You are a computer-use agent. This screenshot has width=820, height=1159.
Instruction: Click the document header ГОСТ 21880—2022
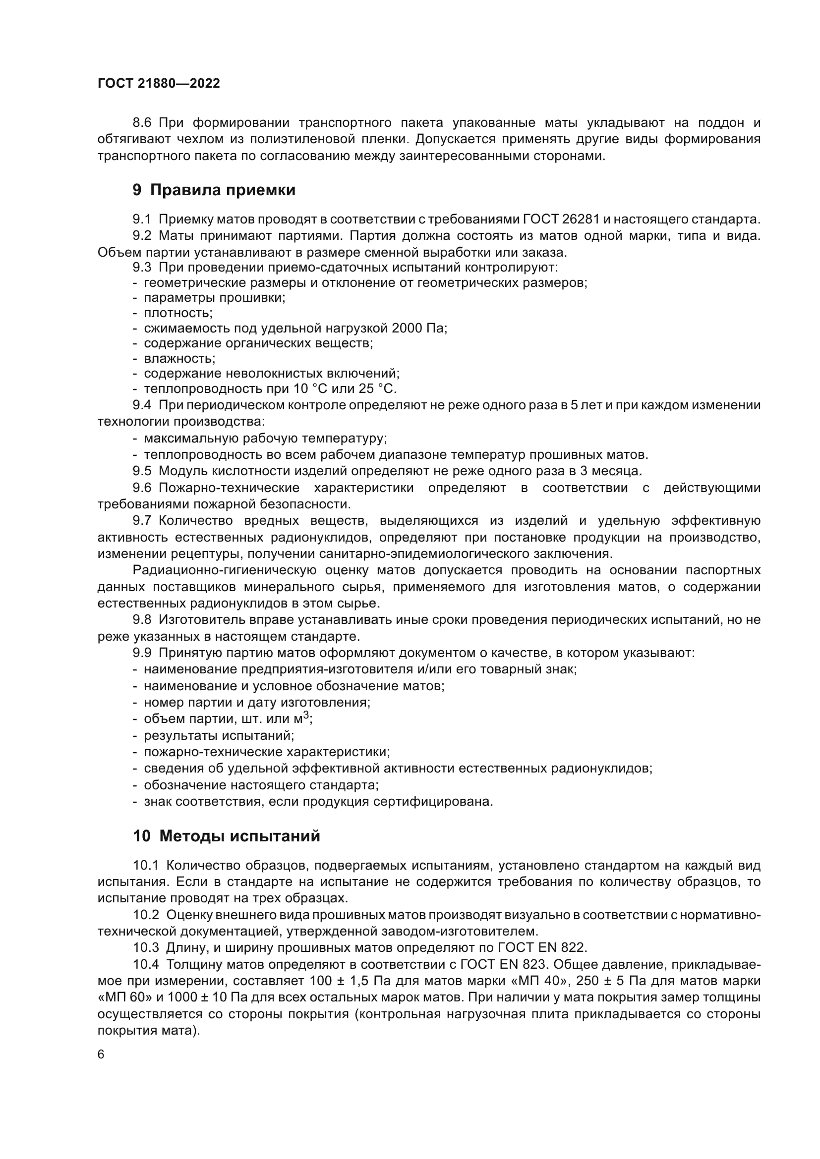click(x=159, y=83)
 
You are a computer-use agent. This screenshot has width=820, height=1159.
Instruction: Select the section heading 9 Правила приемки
click(x=214, y=190)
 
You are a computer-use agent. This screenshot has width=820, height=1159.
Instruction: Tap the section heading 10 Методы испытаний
click(x=226, y=836)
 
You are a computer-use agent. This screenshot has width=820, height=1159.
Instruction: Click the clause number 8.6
click(x=142, y=123)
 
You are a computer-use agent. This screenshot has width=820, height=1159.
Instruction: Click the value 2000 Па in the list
click(x=419, y=328)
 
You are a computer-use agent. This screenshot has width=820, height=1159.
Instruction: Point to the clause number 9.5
click(x=142, y=471)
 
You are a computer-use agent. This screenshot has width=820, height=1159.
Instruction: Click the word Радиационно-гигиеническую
click(x=224, y=570)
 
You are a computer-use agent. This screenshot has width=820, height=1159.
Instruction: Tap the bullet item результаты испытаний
click(x=219, y=735)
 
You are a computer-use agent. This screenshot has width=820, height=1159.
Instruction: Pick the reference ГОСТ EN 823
click(x=503, y=964)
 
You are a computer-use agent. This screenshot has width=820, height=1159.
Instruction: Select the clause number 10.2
click(x=146, y=915)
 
